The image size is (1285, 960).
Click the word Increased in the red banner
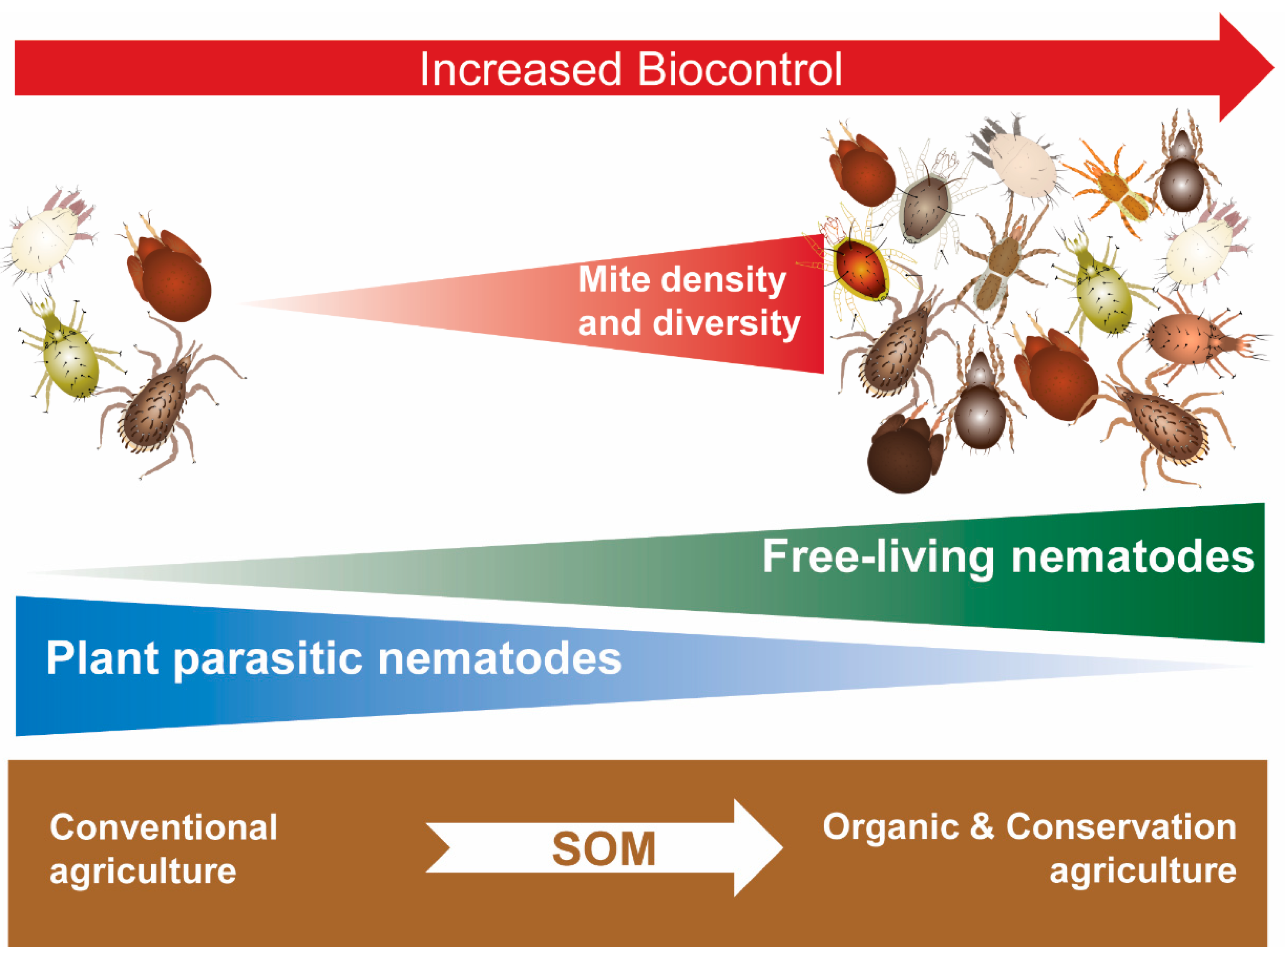[520, 70]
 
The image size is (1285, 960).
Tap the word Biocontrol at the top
[740, 70]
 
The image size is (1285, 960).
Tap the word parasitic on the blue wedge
[268, 659]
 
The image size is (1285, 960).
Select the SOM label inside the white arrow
[604, 849]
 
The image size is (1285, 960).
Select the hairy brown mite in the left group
[154, 407]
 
